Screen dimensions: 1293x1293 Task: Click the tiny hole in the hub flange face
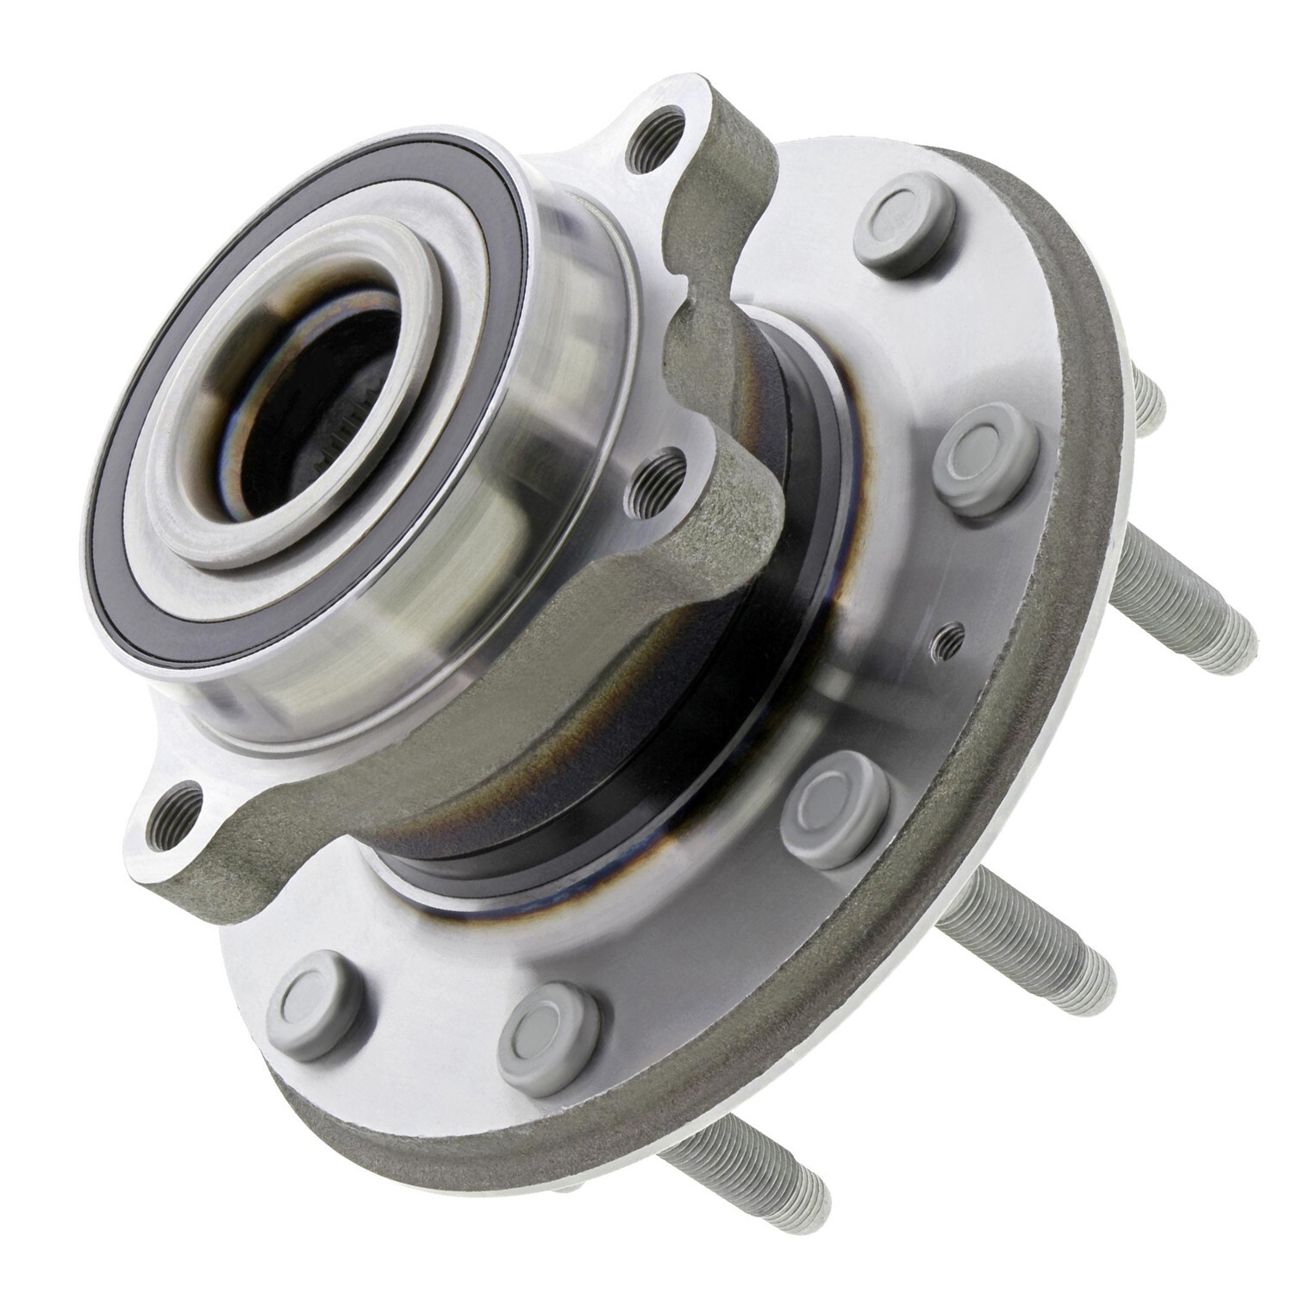tap(947, 636)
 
